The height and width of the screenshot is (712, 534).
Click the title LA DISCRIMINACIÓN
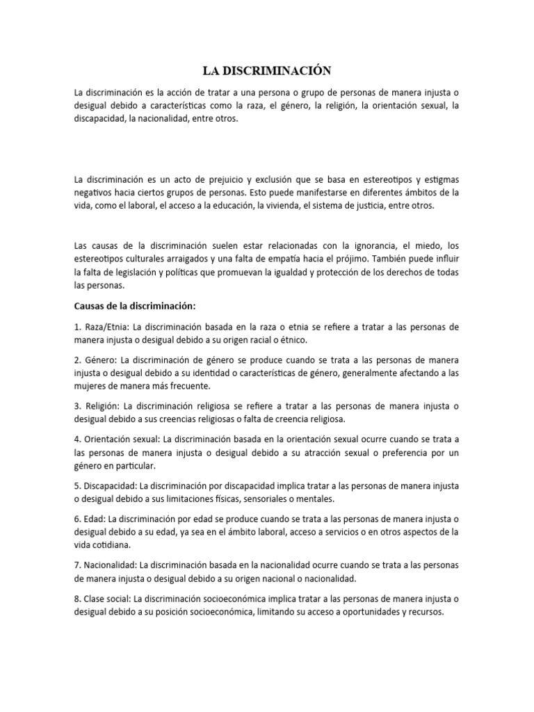coord(267,70)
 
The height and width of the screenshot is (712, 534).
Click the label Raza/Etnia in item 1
coord(104,327)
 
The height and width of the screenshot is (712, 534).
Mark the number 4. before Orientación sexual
coord(77,439)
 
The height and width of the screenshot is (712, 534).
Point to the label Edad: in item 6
coord(94,519)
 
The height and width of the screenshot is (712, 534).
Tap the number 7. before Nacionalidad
coord(77,565)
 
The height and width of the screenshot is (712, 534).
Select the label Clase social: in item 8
coord(106,598)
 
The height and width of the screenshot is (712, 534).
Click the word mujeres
coord(91,386)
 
